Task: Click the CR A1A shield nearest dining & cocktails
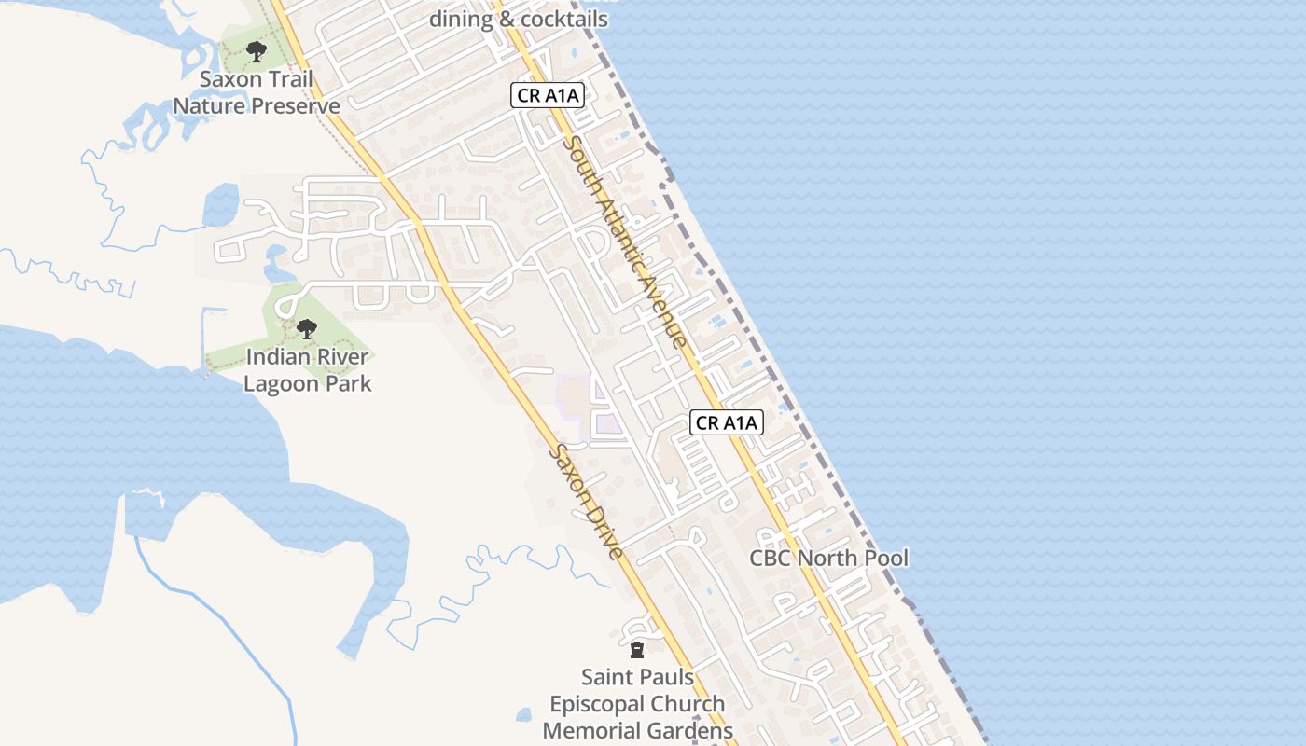coord(549,94)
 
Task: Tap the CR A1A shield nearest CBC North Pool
coord(728,422)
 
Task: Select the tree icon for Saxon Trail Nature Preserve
coord(256,51)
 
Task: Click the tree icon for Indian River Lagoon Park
coord(306,328)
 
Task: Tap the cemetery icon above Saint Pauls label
coord(637,649)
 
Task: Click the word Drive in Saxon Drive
coord(604,532)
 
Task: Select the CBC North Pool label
coord(829,558)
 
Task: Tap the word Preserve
coord(297,105)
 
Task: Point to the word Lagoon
coord(281,383)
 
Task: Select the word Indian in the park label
coord(275,356)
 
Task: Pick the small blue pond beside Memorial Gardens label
coord(523,715)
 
